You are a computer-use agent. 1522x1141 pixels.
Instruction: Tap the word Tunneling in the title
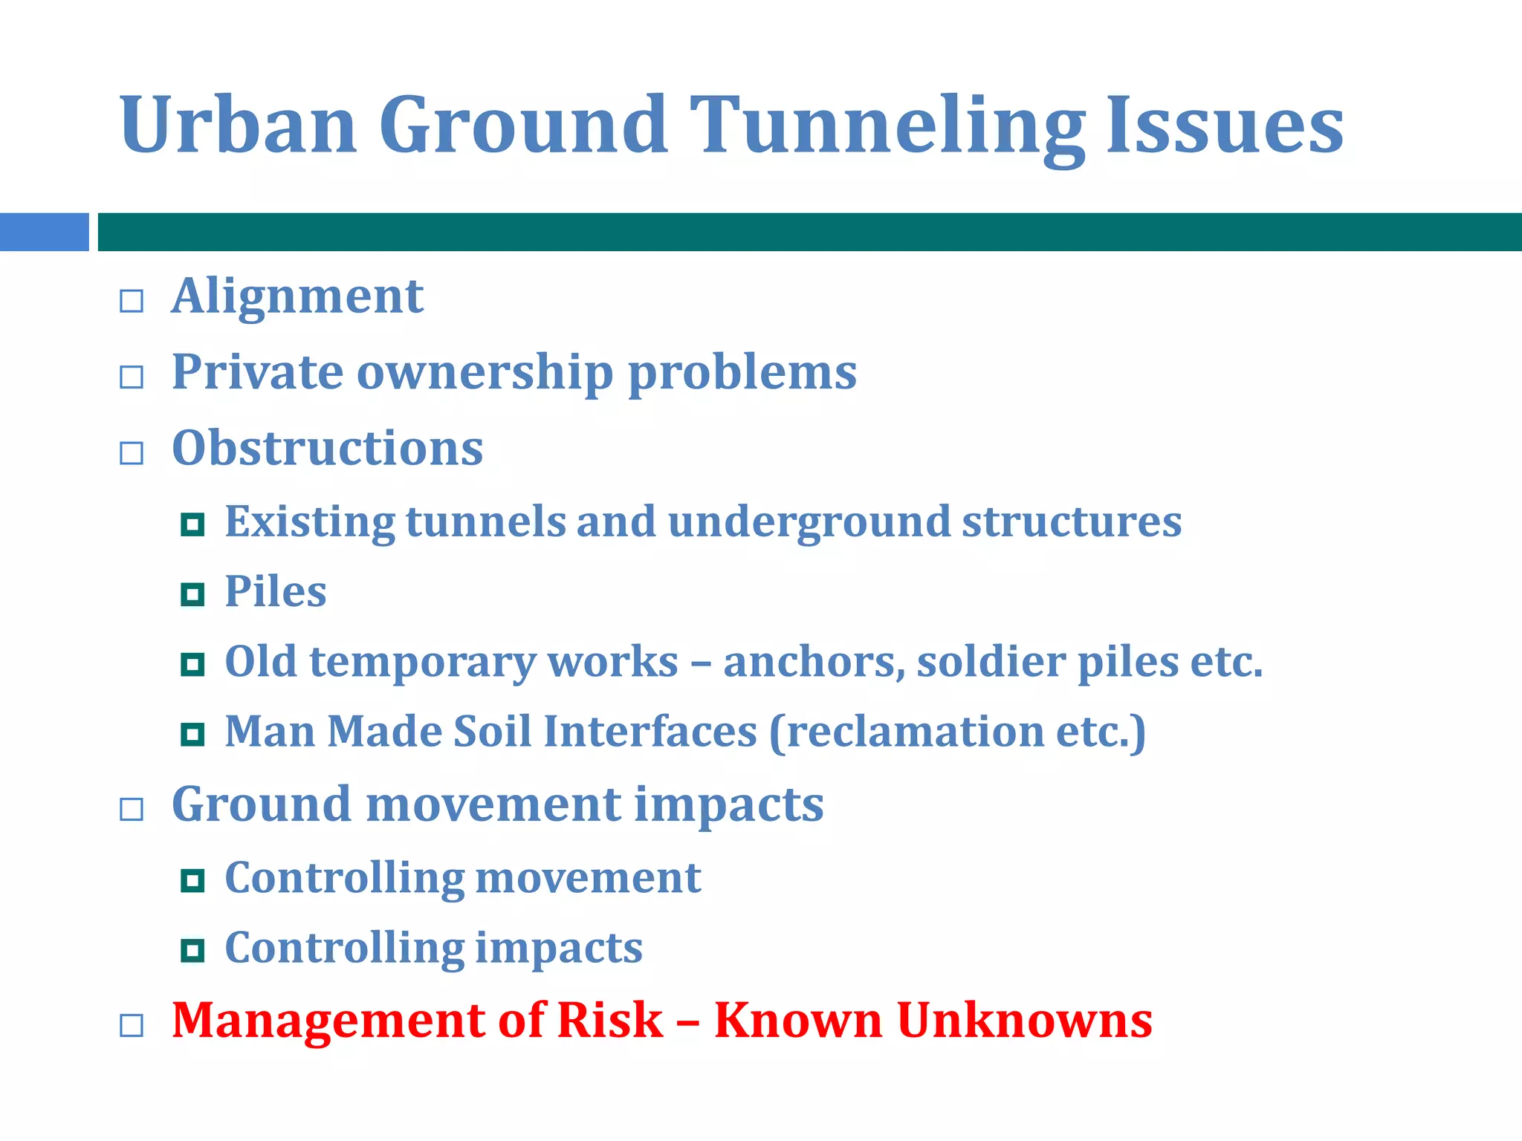coord(887,126)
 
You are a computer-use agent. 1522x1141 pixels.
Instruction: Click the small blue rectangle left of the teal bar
coord(44,232)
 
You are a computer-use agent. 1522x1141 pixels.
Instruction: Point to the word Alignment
coord(297,296)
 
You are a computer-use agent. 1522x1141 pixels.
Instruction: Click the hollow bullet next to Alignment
coord(132,301)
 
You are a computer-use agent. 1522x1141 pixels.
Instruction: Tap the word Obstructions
coord(327,448)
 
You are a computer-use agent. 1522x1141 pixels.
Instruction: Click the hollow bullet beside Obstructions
coord(132,452)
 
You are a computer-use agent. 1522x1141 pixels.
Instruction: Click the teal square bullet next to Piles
coord(192,594)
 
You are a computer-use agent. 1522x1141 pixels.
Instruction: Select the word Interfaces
coord(650,732)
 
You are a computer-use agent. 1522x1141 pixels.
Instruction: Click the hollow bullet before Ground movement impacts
coord(132,809)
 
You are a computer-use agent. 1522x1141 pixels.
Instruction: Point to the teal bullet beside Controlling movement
coord(192,880)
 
